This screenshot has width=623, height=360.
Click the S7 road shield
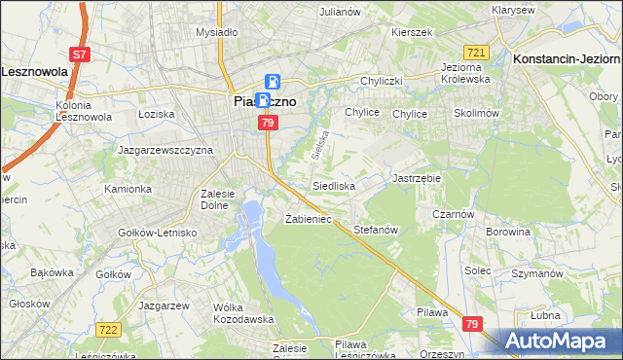(x=80, y=55)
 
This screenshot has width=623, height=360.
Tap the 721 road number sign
(x=476, y=52)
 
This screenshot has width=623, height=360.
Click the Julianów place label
(x=340, y=12)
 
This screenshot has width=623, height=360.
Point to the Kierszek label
(x=411, y=32)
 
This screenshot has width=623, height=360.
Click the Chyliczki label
(x=382, y=81)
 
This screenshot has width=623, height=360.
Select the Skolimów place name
(x=476, y=113)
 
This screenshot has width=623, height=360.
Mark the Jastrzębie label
(x=417, y=179)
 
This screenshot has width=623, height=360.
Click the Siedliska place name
(x=333, y=185)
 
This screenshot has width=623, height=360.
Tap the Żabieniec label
(x=308, y=219)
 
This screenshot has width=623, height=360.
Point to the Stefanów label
(x=377, y=230)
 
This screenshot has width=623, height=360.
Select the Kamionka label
(x=128, y=189)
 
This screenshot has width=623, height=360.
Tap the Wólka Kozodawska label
(x=241, y=313)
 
